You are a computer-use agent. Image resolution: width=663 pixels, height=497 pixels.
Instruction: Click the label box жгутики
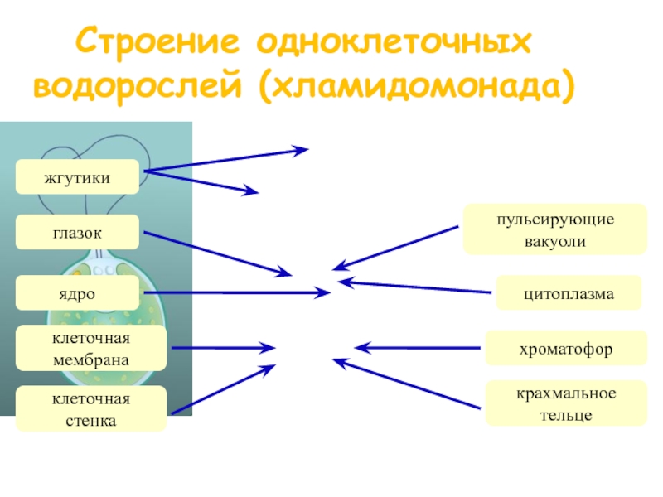click(x=77, y=177)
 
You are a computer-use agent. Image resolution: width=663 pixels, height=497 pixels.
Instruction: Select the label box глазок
click(x=77, y=234)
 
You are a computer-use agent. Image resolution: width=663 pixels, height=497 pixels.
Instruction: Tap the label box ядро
click(x=77, y=294)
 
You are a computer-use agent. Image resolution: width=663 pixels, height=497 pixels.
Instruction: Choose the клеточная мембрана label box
click(x=91, y=349)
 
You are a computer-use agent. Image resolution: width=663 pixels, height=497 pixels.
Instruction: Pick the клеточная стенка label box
click(x=91, y=409)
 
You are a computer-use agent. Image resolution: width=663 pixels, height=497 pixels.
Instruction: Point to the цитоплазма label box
click(x=569, y=294)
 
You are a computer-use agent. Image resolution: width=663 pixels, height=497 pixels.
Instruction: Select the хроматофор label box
click(x=566, y=350)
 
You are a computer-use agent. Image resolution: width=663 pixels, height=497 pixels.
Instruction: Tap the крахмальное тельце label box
click(x=565, y=403)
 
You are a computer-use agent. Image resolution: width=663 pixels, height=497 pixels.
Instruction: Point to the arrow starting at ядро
click(x=236, y=292)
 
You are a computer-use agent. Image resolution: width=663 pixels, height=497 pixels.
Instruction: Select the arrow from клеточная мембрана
click(x=222, y=348)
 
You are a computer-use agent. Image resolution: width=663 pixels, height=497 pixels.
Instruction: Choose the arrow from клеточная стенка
click(x=222, y=388)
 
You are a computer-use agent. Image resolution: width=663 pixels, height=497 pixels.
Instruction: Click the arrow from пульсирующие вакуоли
click(x=396, y=247)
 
